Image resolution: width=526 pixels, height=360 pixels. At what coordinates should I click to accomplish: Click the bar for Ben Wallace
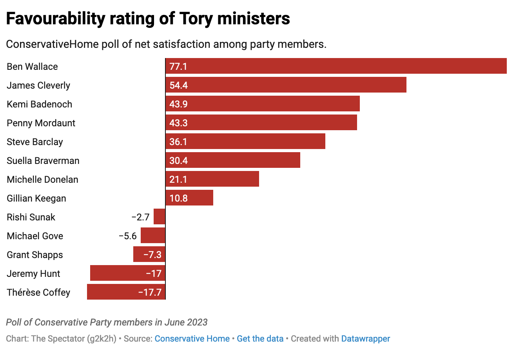click(x=336, y=66)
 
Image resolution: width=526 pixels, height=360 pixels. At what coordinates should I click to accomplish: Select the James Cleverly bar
click(x=286, y=85)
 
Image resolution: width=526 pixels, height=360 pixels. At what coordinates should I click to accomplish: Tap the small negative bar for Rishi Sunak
click(x=160, y=216)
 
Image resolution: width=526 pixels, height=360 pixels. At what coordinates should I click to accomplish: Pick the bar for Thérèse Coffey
click(x=126, y=292)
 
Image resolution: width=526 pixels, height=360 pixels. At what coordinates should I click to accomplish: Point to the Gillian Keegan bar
click(x=189, y=198)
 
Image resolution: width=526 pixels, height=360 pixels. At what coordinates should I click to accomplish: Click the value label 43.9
click(x=179, y=104)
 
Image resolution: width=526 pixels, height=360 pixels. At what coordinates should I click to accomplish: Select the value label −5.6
click(x=128, y=236)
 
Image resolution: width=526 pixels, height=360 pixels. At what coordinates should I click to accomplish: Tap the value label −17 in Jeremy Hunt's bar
click(x=154, y=273)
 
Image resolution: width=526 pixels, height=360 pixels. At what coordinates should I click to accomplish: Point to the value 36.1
click(x=179, y=142)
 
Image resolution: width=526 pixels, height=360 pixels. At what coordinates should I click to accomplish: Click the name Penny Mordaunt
click(x=41, y=123)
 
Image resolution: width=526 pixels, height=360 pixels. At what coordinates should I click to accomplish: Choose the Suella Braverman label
click(x=43, y=160)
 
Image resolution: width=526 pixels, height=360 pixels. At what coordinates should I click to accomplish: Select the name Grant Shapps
click(x=35, y=255)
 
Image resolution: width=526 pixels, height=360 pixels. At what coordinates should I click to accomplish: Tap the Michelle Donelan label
click(x=43, y=179)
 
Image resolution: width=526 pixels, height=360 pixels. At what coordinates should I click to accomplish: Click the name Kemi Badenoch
click(x=40, y=104)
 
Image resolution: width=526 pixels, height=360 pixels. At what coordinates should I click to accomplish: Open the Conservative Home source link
click(x=192, y=338)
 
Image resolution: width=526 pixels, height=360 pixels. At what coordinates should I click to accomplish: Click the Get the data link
click(x=260, y=338)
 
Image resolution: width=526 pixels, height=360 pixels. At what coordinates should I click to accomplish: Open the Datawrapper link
click(x=366, y=338)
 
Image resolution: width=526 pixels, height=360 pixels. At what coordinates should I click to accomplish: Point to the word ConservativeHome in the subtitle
click(x=52, y=44)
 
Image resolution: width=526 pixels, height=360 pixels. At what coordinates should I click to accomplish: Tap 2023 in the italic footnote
click(x=197, y=322)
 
